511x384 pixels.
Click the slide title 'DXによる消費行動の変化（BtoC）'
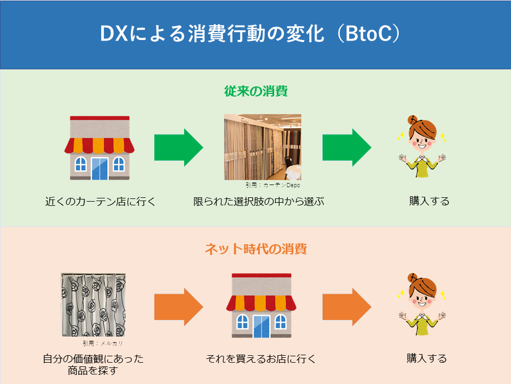250,33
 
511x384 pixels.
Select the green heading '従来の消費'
256,91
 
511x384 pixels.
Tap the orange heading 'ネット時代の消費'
256,249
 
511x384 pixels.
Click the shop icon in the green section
100,148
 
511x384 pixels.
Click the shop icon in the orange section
261,306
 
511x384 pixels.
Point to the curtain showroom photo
262,147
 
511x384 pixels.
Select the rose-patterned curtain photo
94,305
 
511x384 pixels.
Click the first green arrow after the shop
179,148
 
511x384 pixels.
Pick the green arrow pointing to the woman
347,148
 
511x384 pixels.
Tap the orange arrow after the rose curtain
179,307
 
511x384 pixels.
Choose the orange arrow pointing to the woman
347,307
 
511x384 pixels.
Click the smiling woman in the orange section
422,305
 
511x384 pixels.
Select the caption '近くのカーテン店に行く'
101,202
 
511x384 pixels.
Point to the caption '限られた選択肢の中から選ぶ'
259,202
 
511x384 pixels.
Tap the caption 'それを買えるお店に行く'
261,359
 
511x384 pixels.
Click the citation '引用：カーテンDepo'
273,185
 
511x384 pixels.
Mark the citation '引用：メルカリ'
103,343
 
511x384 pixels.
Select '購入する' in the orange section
426,358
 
